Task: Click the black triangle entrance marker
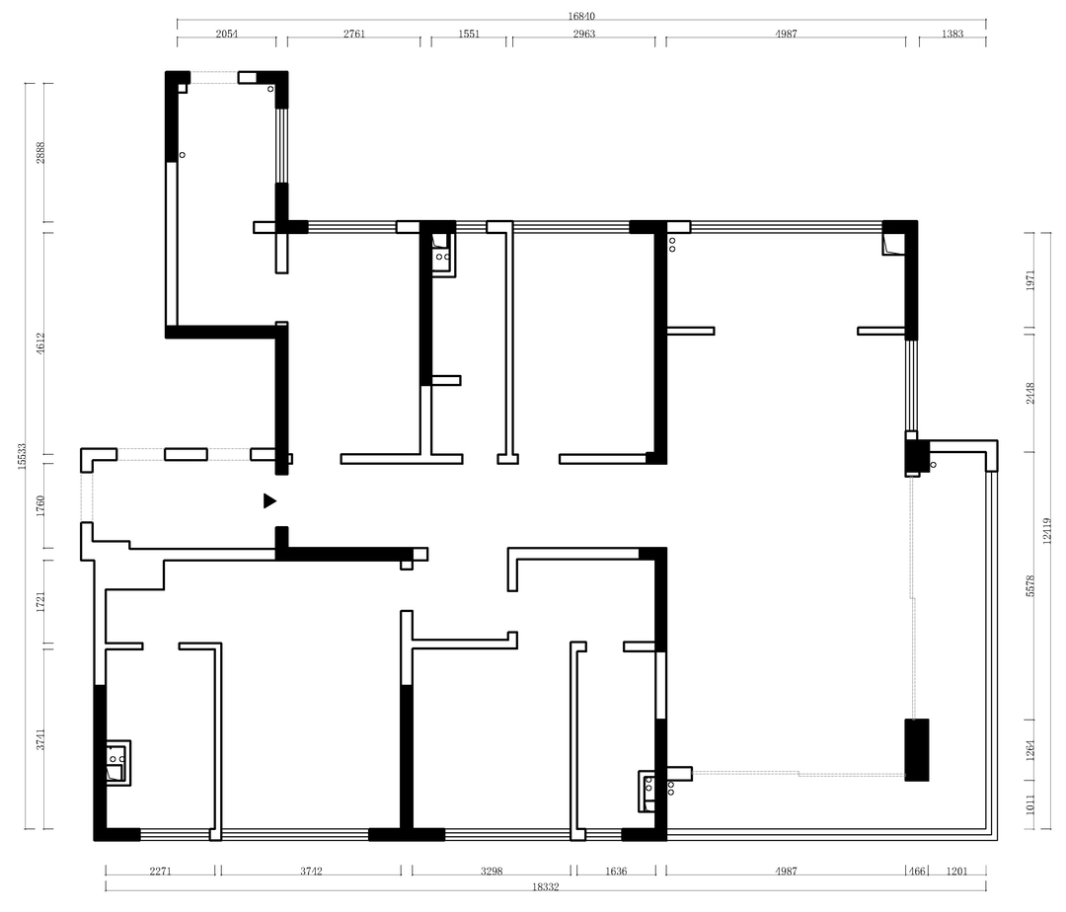[x=269, y=500]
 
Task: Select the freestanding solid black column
[x=916, y=749]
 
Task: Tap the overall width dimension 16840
[x=582, y=16]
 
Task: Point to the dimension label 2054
[x=227, y=34]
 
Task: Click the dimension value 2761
[x=354, y=34]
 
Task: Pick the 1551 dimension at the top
[x=469, y=34]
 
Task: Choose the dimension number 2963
[x=584, y=34]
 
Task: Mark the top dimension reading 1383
[x=952, y=34]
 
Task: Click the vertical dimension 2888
[x=40, y=152]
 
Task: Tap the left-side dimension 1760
[x=40, y=506]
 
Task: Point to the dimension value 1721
[x=40, y=602]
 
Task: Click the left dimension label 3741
[x=40, y=739]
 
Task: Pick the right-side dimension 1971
[x=1029, y=280]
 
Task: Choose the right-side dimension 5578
[x=1029, y=586]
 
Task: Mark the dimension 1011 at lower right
[x=1029, y=804]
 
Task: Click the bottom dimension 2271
[x=161, y=872]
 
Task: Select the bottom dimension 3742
[x=311, y=872]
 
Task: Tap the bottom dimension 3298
[x=491, y=872]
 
